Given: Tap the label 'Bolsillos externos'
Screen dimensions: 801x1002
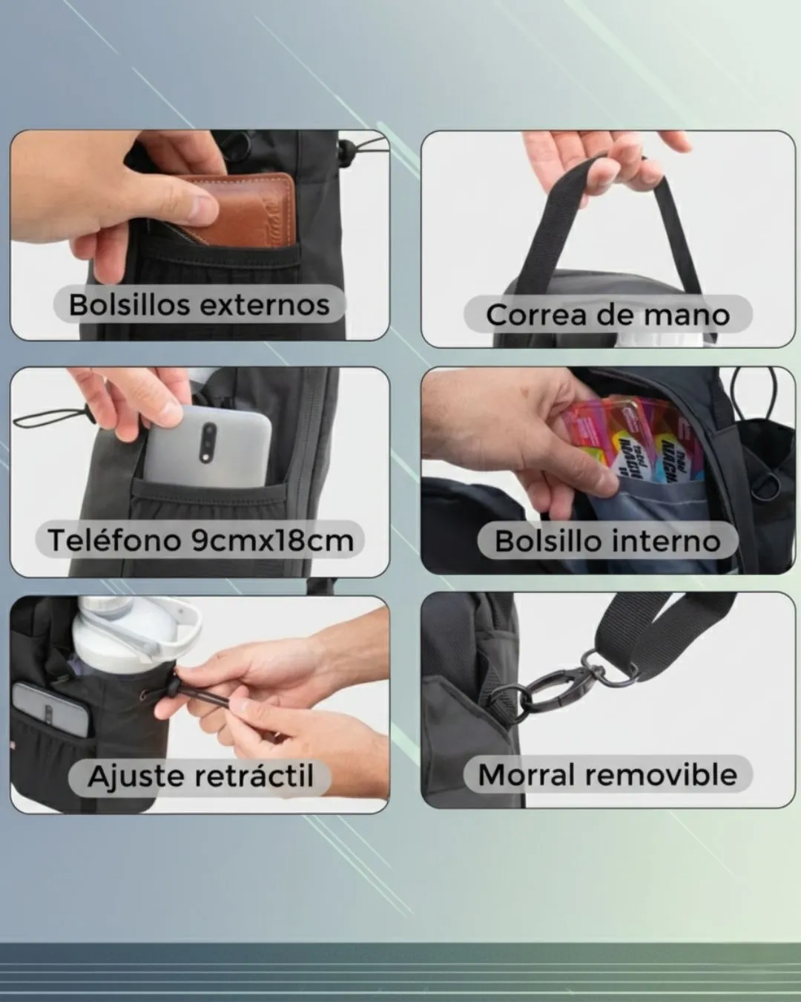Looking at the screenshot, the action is pyautogui.click(x=200, y=306).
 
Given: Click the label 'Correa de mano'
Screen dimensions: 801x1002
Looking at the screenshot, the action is pyautogui.click(x=607, y=315).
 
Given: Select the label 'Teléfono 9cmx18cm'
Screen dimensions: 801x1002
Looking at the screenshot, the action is pyautogui.click(x=200, y=540).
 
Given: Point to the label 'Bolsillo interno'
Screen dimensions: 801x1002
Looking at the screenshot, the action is pyautogui.click(x=607, y=541).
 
